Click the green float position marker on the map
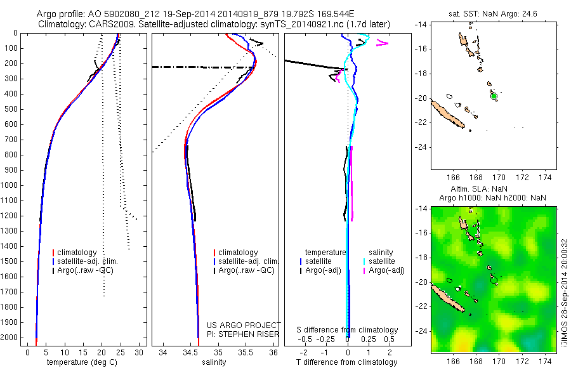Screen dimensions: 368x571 494,96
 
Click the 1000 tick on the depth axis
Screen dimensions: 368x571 10,185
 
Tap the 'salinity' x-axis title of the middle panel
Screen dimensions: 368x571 214,362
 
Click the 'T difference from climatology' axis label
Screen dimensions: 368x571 346,362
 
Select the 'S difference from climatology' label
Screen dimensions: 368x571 348,330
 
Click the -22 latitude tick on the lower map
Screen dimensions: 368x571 421,306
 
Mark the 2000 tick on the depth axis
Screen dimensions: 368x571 10,338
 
